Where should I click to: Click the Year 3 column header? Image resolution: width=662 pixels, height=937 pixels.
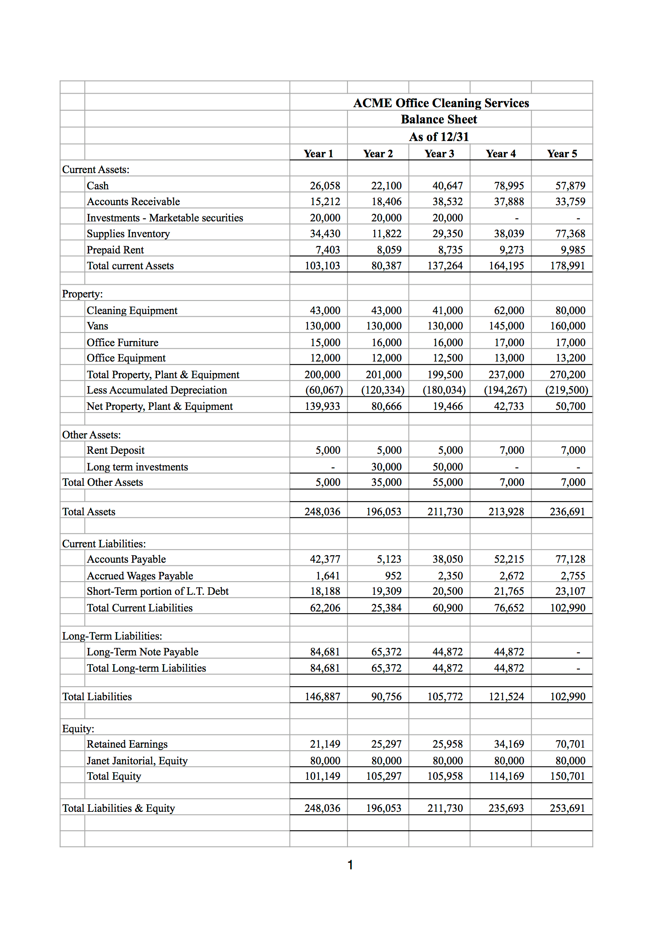point(439,154)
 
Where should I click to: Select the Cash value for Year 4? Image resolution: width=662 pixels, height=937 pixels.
point(509,186)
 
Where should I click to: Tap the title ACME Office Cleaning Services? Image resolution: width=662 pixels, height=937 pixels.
point(441,103)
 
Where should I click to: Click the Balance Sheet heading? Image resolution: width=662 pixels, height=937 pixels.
point(438,119)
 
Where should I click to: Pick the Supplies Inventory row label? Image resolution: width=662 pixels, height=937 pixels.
point(128,234)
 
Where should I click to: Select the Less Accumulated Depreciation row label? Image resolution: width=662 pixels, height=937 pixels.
point(156,390)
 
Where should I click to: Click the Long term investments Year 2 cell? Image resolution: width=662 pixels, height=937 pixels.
point(386,467)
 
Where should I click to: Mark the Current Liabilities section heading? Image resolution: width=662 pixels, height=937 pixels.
point(104,544)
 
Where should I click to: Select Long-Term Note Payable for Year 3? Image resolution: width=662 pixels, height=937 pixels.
point(447,652)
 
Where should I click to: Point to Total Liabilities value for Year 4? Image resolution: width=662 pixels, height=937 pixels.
point(506,697)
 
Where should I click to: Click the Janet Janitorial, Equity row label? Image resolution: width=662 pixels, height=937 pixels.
point(137,761)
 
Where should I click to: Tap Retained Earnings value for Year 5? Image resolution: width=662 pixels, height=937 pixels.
point(570,744)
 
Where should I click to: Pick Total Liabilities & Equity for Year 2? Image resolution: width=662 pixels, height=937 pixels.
point(383,808)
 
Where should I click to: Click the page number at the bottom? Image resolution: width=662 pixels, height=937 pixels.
point(350,865)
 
